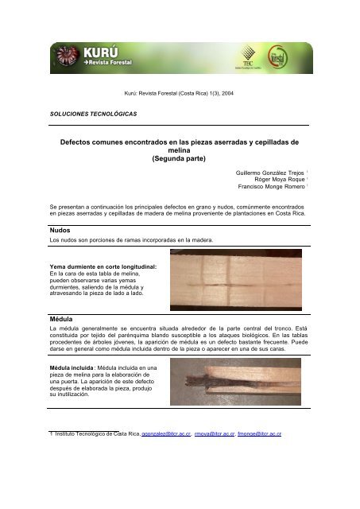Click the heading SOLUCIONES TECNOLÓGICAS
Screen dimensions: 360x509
[x=83, y=114]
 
